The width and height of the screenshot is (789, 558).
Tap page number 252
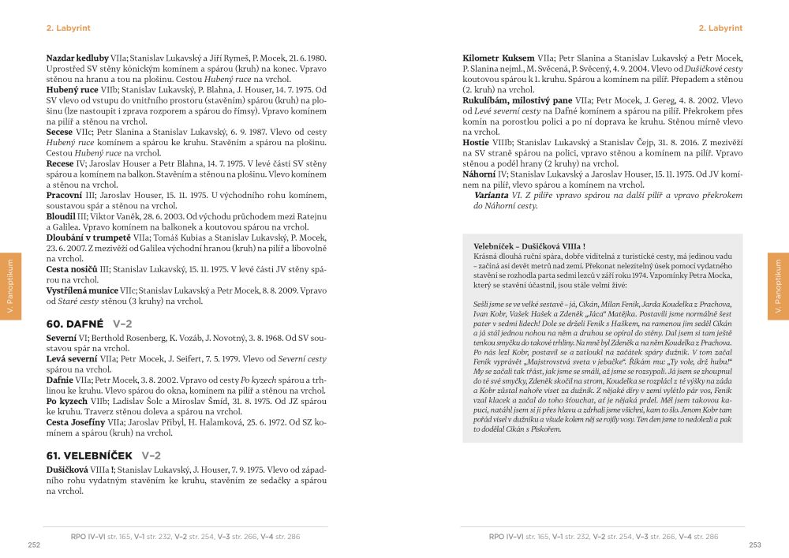pos(34,544)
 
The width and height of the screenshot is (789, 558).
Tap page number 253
pos(755,544)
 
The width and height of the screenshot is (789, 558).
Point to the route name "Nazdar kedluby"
pos(77,58)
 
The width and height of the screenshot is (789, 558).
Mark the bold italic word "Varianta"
pos(490,194)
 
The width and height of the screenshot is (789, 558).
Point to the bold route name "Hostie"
pos(477,143)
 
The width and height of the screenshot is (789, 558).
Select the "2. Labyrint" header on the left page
pos(69,28)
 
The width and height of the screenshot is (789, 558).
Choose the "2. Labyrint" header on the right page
pos(720,28)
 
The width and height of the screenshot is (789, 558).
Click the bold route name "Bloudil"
pos(61,215)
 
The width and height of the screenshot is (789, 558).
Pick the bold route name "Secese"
pos(60,133)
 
